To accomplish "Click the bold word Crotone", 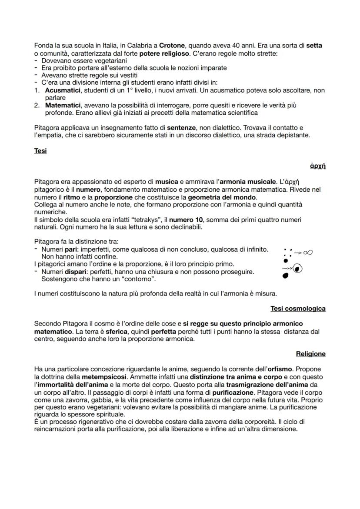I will point(172,45).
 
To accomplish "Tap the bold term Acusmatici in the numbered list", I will point(62,90).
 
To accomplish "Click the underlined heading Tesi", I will point(40,151).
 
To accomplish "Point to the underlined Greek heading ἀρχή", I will point(319,166).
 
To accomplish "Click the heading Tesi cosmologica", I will point(298,309).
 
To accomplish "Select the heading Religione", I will point(310,354).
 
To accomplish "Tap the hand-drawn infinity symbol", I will point(308,252).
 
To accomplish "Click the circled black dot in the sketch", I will point(297,269).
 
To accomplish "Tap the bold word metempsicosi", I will point(103,376).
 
